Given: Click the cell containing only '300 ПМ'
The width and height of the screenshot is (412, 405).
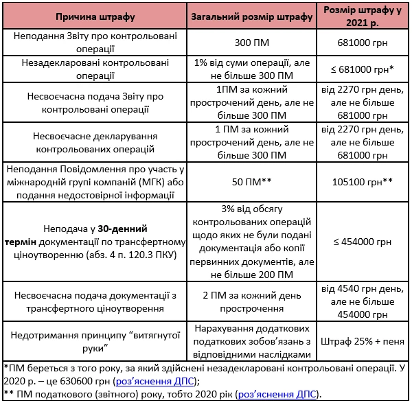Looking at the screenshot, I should pos(251,43).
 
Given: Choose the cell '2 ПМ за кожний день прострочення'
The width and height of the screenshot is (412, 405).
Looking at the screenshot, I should pos(251,301).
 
